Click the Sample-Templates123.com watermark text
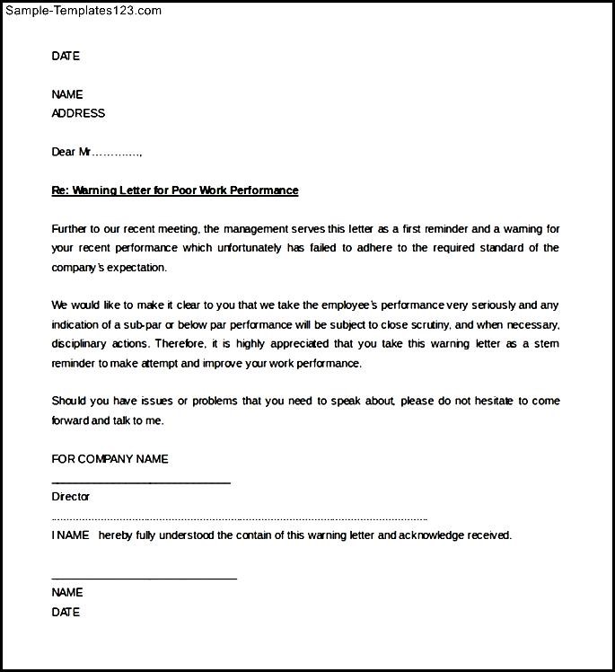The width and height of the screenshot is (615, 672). point(83,11)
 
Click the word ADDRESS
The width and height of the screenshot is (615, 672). point(78,113)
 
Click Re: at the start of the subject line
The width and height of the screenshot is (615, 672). point(60,190)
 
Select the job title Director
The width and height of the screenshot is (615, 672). point(71,497)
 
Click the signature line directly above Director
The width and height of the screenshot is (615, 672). point(141,482)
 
